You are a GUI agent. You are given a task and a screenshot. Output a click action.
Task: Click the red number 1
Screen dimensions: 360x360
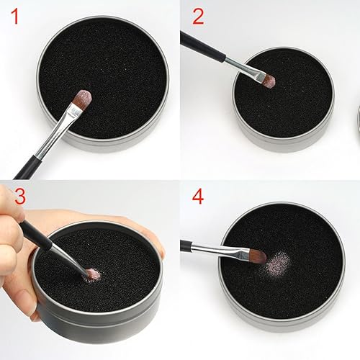pyautogui.click(x=12, y=18)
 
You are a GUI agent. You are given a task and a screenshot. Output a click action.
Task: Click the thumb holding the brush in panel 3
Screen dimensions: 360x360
pyautogui.click(x=10, y=216)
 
